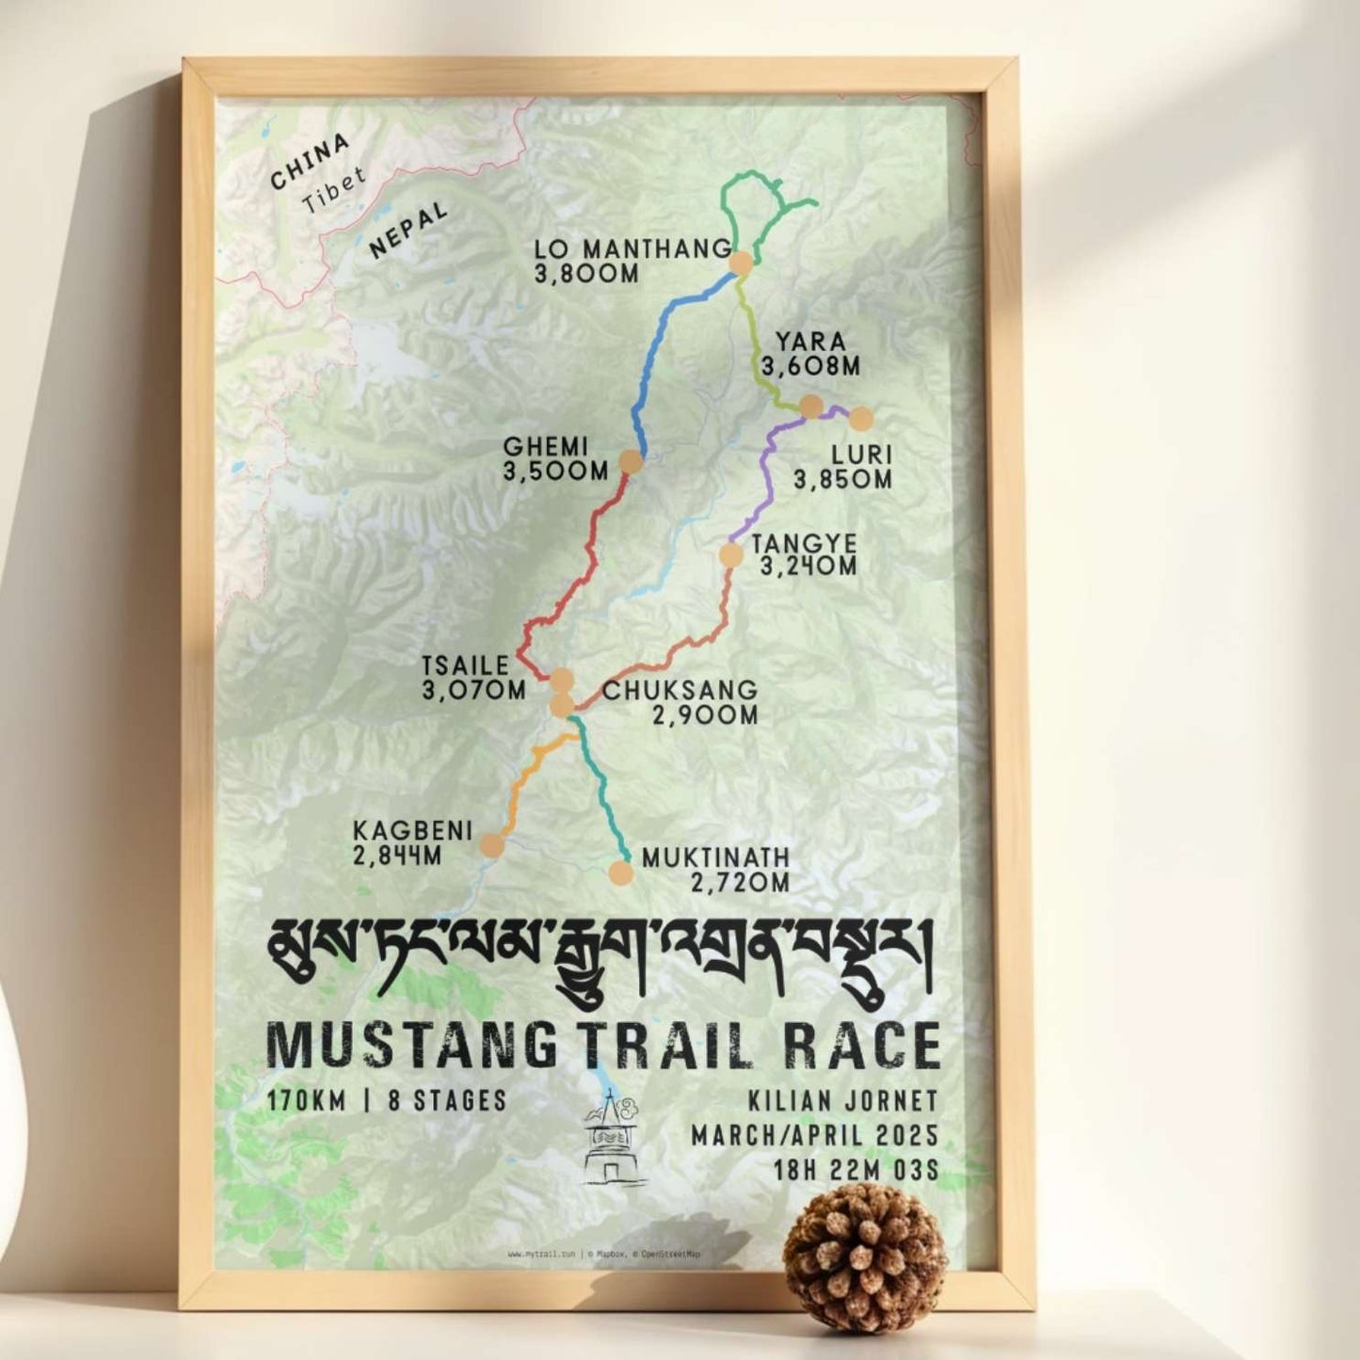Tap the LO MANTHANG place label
(632, 249)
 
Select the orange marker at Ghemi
(630, 463)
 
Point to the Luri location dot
(861, 419)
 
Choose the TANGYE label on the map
(804, 544)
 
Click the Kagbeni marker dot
(490, 844)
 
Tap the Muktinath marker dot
(619, 872)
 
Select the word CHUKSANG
(680, 690)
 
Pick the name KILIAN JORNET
(843, 1101)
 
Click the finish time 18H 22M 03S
(856, 1170)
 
